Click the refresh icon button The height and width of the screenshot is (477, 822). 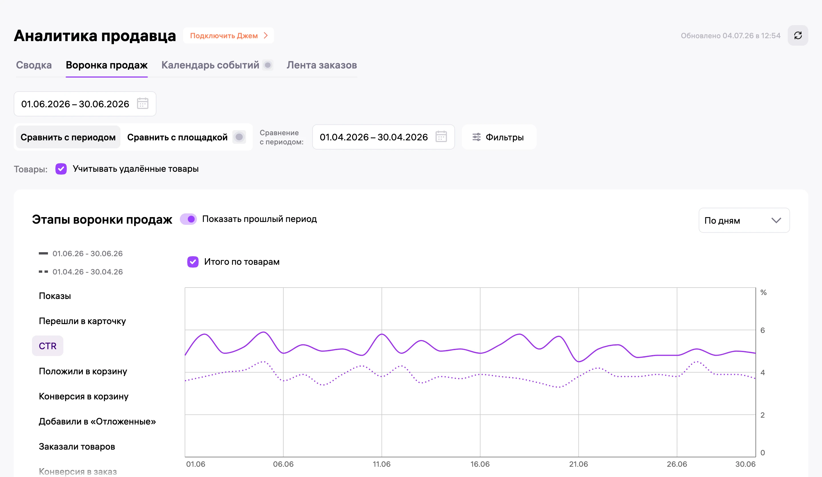(798, 36)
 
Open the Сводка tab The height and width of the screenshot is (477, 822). (34, 65)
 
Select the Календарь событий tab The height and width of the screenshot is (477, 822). (210, 65)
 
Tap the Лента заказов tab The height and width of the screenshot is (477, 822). (322, 65)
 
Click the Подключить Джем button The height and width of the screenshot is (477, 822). (229, 36)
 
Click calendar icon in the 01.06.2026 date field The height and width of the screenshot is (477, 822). (142, 104)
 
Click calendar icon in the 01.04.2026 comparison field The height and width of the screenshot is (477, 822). (441, 137)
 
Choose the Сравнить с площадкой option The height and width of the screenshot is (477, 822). (178, 137)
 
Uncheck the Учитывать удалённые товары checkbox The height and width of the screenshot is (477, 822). (61, 169)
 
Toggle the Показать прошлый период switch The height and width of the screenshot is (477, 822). (188, 219)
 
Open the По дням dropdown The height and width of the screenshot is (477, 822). (744, 221)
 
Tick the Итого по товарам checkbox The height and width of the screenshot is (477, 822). (193, 262)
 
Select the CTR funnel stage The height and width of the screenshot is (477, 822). (48, 346)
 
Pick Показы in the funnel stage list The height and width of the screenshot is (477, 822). (55, 296)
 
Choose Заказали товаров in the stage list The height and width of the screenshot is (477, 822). (77, 446)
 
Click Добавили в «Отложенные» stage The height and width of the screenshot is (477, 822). (97, 421)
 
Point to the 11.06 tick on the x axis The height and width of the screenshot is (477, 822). (382, 464)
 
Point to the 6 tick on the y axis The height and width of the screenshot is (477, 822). (763, 330)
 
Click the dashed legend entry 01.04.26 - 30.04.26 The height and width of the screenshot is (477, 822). (81, 272)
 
